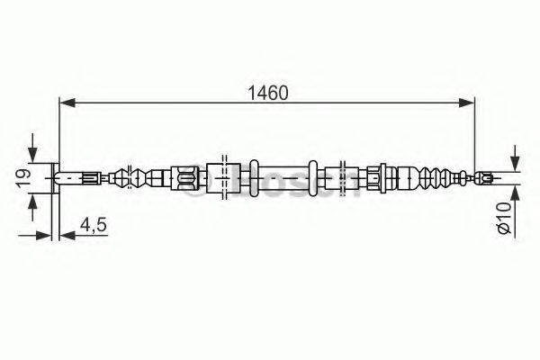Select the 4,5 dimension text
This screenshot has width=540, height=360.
(93, 225)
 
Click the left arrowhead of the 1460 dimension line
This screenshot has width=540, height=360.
(66, 103)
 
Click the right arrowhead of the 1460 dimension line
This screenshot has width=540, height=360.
(469, 103)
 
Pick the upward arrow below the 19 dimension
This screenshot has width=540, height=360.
(34, 209)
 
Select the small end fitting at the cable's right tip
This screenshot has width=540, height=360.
(486, 177)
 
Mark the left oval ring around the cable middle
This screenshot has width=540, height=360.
(254, 176)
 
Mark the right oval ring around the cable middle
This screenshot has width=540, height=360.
(313, 176)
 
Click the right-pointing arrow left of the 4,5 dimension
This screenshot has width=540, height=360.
(46, 237)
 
